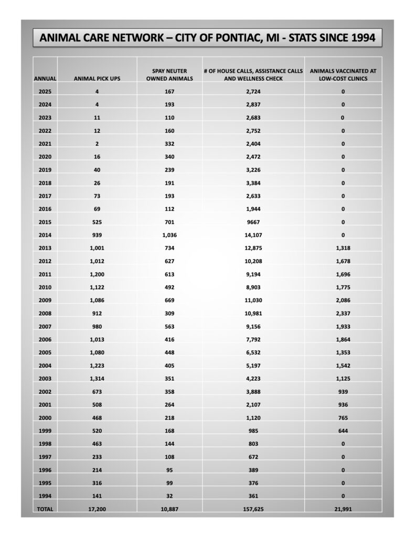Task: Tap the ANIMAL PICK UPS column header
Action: [x=97, y=79]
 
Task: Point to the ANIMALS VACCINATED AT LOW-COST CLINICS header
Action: [x=343, y=74]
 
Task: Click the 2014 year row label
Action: [x=45, y=222]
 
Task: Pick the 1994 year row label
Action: [x=45, y=496]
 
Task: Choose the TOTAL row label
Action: [x=45, y=509]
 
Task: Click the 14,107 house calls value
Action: [x=253, y=222]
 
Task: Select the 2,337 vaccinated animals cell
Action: [x=343, y=313]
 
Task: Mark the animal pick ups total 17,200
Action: [x=97, y=509]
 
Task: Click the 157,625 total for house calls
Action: [x=253, y=509]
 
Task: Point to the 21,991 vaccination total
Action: [x=343, y=509]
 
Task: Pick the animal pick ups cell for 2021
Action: [x=97, y=144]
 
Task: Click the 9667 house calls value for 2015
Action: [x=253, y=209]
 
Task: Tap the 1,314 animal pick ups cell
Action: [x=97, y=378]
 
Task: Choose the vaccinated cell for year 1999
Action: [x=343, y=431]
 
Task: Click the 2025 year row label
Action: [x=45, y=92]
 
